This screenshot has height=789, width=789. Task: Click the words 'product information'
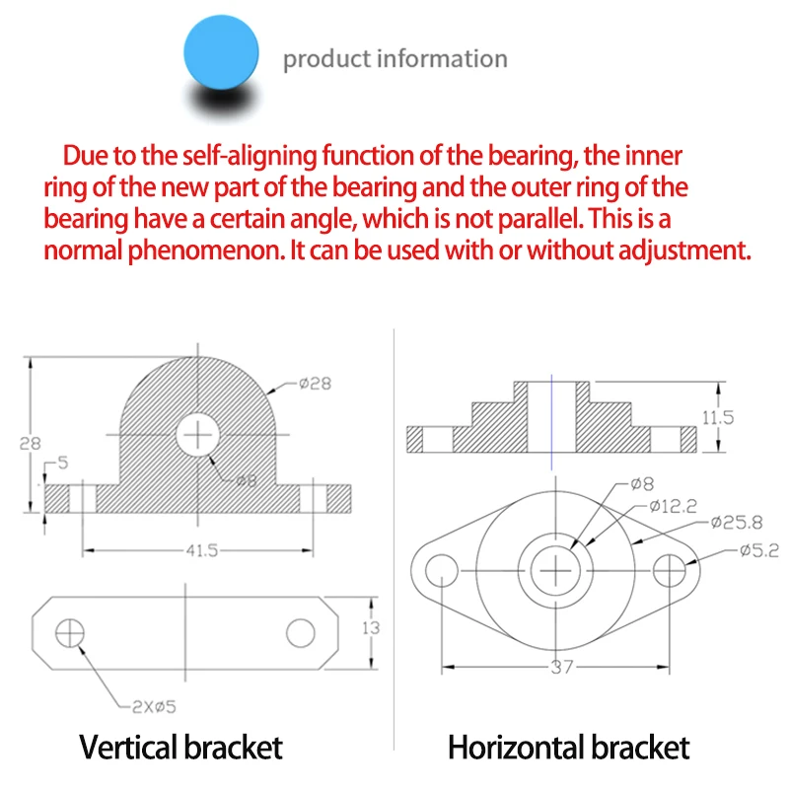point(394,59)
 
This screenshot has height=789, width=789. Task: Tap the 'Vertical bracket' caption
point(180,747)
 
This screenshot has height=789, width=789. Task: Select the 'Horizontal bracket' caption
point(568,747)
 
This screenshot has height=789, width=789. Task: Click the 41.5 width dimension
point(200,551)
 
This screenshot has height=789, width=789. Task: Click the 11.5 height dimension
point(717,417)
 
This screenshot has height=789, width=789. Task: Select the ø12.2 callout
point(674,507)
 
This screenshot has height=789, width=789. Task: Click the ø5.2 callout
point(758,550)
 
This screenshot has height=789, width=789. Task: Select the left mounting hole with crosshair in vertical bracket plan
point(70,632)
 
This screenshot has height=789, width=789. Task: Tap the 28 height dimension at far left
point(29,443)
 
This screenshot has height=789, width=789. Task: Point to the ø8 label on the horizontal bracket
point(642,484)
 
